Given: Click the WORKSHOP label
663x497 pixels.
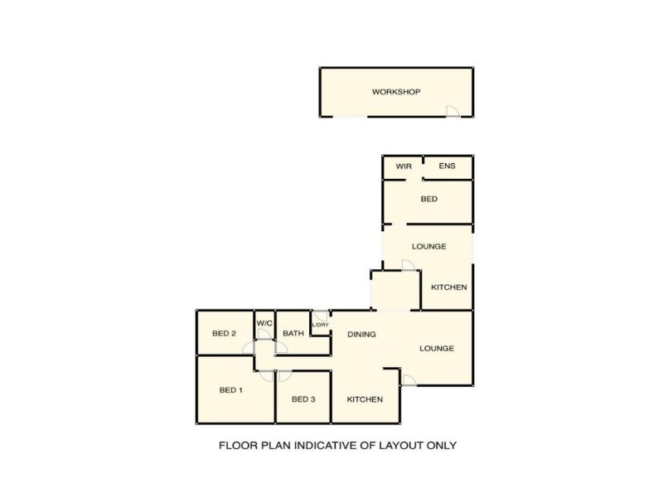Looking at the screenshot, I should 397,91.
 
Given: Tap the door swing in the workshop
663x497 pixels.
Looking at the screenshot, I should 452,111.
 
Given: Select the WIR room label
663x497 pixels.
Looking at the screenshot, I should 404,166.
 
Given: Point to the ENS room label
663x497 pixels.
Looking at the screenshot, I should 447,166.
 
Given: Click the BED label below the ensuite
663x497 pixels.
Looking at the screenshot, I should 428,199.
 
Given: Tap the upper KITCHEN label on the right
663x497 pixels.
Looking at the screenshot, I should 449,287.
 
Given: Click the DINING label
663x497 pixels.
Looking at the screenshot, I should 361,335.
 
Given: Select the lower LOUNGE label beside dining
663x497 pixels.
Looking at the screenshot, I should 436,348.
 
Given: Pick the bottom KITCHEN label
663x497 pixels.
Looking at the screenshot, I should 365,399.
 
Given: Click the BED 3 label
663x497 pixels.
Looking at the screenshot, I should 303,399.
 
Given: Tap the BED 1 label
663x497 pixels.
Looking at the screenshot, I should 230,389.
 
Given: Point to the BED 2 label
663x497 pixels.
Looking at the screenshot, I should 225,334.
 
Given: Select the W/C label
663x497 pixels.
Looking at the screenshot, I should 264,323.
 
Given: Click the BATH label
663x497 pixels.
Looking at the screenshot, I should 293,334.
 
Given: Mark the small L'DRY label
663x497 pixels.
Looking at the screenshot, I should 319,325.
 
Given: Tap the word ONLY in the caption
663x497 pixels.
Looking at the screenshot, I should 441,445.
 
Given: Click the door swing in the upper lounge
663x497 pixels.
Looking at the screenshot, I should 407,265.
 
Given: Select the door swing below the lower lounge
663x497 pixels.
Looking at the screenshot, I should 408,379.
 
